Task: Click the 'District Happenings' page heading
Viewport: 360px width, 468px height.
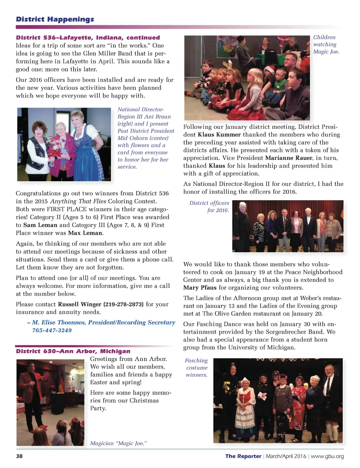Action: point(55,19)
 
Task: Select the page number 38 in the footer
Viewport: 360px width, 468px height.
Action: point(19,456)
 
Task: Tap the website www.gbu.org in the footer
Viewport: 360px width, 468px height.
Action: point(327,456)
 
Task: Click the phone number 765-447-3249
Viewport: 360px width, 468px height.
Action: point(52,330)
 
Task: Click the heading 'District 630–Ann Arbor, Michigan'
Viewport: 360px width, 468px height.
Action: point(73,351)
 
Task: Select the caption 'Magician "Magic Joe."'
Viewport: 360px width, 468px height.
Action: point(118,443)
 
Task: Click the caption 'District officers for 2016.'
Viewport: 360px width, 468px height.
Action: point(210,207)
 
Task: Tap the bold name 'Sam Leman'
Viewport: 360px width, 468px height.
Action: point(40,225)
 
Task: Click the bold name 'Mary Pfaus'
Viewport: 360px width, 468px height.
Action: point(200,288)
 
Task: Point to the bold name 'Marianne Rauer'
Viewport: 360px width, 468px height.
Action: point(289,158)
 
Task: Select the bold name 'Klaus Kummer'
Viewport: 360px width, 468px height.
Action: point(219,135)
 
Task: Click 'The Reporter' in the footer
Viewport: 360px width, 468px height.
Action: point(243,456)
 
